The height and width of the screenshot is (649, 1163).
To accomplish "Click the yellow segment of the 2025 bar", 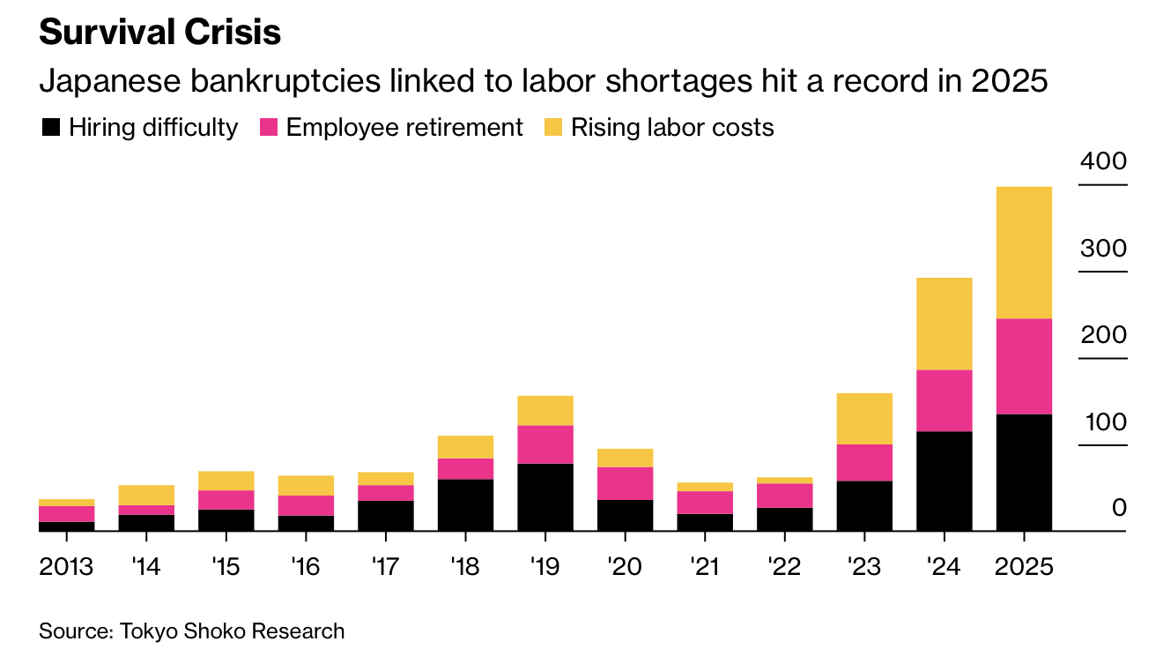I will pyautogui.click(x=1024, y=252).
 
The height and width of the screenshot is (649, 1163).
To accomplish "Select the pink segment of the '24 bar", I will pyautogui.click(x=944, y=400).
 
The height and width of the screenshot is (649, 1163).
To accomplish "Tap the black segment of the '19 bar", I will pyautogui.click(x=545, y=497).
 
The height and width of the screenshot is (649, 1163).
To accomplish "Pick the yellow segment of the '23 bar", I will pyautogui.click(x=864, y=418).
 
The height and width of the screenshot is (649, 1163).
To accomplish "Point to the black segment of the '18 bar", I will pyautogui.click(x=465, y=505).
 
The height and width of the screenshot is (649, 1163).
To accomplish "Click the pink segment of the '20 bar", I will pyautogui.click(x=625, y=483).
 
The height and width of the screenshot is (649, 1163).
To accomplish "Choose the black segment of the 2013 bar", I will pyautogui.click(x=66, y=526).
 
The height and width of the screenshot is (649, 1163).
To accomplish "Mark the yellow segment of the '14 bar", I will pyautogui.click(x=146, y=495).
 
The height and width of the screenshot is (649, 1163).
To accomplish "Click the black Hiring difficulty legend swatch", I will pyautogui.click(x=51, y=128).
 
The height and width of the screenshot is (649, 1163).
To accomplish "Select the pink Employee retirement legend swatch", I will pyautogui.click(x=269, y=128).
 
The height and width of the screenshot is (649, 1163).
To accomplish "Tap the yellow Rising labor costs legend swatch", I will pyautogui.click(x=552, y=128).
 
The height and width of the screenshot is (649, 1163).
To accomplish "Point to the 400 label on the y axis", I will pyautogui.click(x=1103, y=162).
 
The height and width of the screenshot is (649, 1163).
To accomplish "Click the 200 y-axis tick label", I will pyautogui.click(x=1103, y=336).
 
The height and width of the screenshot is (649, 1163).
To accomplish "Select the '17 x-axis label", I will pyautogui.click(x=385, y=566).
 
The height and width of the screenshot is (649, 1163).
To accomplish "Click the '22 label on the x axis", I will pyautogui.click(x=784, y=566).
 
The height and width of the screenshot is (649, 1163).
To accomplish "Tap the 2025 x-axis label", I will pyautogui.click(x=1024, y=566).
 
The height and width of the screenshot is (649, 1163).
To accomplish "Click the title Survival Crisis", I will pyautogui.click(x=159, y=33).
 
